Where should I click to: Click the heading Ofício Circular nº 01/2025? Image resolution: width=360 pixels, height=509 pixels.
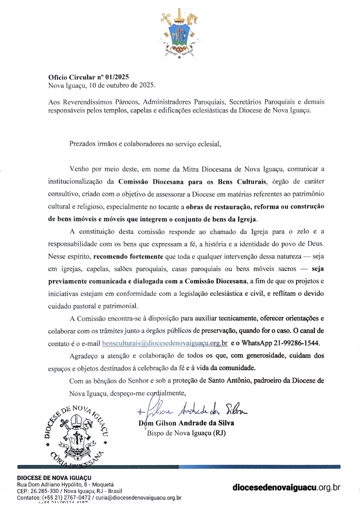[88, 77]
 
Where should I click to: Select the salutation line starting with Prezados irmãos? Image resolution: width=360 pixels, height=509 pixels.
[145, 144]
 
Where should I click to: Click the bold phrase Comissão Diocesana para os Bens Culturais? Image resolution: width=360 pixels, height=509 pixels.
[192, 182]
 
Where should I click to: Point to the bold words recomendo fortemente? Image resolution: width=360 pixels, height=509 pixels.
[128, 257]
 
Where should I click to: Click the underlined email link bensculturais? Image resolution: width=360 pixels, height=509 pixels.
[165, 343]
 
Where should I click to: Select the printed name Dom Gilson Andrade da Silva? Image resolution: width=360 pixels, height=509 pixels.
[186, 423]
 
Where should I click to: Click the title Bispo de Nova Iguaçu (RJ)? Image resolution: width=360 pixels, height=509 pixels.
[186, 433]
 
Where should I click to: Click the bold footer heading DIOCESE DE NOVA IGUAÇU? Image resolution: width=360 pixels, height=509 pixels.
[54, 478]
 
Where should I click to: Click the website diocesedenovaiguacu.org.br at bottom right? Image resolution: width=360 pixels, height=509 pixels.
[286, 488]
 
